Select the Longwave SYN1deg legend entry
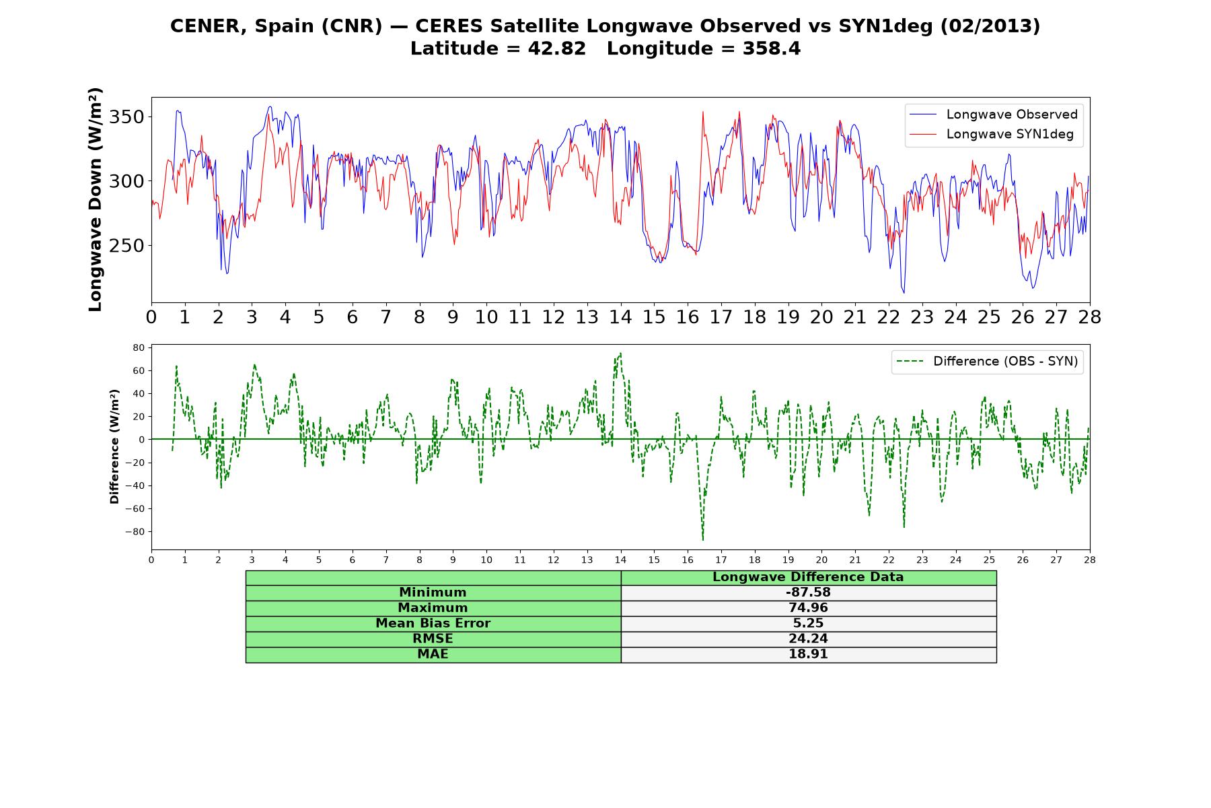[992, 134]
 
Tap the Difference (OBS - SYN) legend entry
[988, 362]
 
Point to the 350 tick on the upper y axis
[126, 117]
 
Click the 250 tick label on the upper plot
[126, 246]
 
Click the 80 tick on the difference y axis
[139, 347]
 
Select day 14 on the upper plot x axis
[620, 317]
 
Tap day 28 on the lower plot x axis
[1089, 560]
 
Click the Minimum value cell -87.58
[808, 593]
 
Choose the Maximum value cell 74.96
[808, 608]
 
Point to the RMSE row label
[433, 639]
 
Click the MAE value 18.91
[808, 654]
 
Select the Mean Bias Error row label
[433, 624]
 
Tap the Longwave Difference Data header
[808, 577]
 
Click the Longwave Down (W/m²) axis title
[96, 199]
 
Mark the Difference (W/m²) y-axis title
[114, 446]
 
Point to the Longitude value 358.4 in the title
[772, 49]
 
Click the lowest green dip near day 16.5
[703, 540]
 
